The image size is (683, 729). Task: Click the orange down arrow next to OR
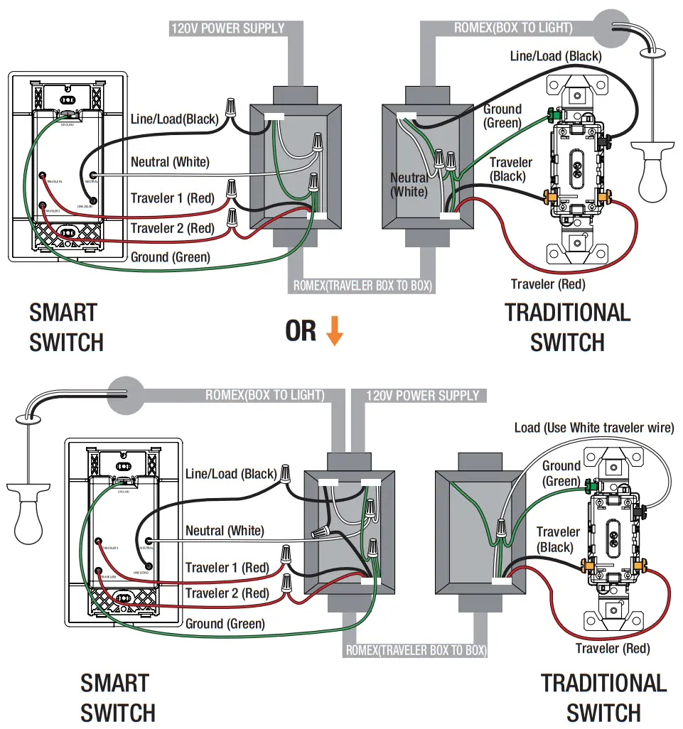334,331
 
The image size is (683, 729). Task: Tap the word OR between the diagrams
301,331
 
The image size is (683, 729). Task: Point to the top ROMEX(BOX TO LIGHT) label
513,28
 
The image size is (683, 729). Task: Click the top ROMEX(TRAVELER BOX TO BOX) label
364,286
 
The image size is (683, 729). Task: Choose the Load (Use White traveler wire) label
594,428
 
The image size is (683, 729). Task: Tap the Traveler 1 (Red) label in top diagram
172,198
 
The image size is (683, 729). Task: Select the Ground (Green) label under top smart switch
171,257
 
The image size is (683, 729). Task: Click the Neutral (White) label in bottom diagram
225,531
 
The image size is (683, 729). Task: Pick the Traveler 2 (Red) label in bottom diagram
227,593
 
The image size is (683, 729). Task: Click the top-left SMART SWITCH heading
66,327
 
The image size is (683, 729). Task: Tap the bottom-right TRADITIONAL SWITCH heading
603,697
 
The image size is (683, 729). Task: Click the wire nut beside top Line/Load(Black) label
231,109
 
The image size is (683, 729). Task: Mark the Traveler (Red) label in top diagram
548,284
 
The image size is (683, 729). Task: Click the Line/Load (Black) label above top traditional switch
556,55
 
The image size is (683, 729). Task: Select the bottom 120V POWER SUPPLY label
423,396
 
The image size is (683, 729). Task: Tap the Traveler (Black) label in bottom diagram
557,539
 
